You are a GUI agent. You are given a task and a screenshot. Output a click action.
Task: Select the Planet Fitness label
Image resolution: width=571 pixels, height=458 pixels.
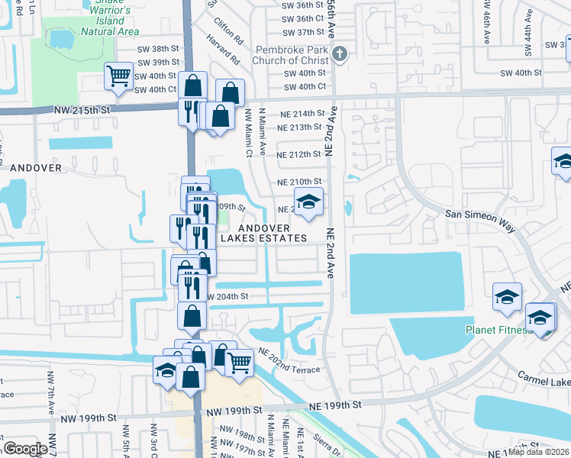point(497,331)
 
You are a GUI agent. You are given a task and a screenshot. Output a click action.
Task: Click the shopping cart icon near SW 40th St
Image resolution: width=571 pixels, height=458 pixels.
point(118,76)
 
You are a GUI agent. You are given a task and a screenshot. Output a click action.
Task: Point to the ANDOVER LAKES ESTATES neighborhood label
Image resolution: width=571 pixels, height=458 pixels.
point(263,233)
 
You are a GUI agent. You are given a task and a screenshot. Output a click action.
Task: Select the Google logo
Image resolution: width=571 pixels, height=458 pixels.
point(25,449)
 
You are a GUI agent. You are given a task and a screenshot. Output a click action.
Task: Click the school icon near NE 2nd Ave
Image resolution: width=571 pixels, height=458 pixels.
point(308,202)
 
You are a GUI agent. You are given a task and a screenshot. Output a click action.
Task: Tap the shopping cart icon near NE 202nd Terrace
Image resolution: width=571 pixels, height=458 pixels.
point(239,362)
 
